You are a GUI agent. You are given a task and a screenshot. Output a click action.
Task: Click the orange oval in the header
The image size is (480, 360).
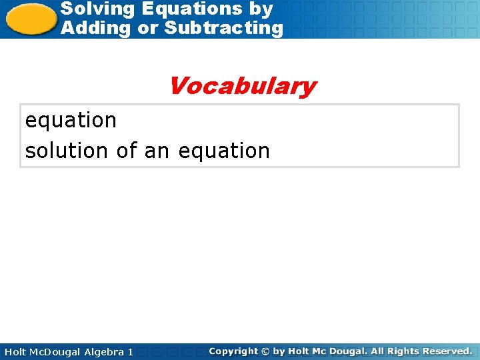(31, 19)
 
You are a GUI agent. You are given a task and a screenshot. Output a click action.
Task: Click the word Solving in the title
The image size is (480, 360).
(89, 9)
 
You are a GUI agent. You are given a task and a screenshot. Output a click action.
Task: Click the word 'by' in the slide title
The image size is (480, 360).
(261, 9)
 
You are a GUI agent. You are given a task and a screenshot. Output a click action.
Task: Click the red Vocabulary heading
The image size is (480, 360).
(242, 86)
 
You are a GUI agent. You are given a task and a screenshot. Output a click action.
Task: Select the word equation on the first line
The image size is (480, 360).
(71, 121)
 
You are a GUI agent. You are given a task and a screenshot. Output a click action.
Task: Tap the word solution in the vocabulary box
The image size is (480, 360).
(67, 151)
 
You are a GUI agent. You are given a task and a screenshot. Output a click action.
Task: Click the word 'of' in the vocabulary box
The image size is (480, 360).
(126, 151)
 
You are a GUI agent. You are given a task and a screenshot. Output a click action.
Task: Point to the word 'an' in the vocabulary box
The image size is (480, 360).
(157, 151)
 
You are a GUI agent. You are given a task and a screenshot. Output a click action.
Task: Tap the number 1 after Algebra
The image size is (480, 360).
(130, 351)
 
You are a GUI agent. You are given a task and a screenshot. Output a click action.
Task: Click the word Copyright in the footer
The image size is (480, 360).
(233, 351)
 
